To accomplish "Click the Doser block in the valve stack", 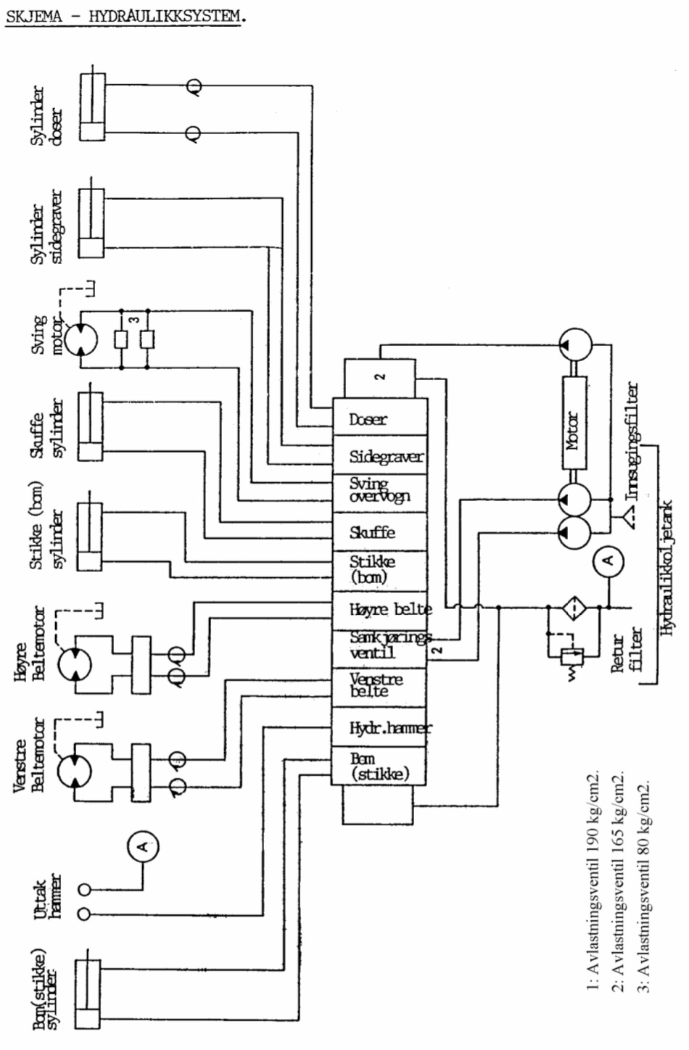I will click(x=379, y=418).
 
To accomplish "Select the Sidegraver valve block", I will click(x=379, y=456).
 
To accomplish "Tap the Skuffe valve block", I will click(x=379, y=532).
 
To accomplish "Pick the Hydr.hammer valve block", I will click(x=379, y=727).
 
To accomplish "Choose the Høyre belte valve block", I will click(x=379, y=610).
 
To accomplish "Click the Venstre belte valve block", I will click(x=379, y=686).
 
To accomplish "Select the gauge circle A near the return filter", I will click(x=608, y=559).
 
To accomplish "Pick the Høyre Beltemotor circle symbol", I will click(x=75, y=664).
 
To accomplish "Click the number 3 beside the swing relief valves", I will click(x=133, y=319).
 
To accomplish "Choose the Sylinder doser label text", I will click(x=46, y=116).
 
